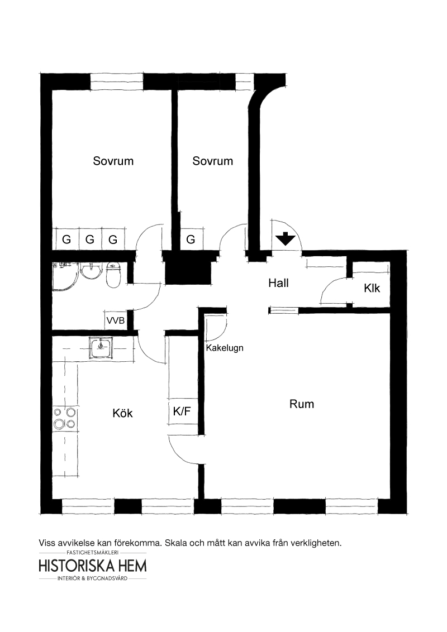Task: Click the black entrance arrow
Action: click(x=286, y=239)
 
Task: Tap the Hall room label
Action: click(x=278, y=283)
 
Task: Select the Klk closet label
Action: click(x=372, y=288)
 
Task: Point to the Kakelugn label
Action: click(x=225, y=348)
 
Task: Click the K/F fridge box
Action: click(x=182, y=411)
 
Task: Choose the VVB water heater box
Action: click(x=116, y=321)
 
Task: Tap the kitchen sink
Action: click(x=101, y=348)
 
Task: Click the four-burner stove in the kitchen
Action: click(x=65, y=418)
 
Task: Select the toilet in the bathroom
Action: click(x=113, y=275)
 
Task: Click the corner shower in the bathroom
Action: click(x=65, y=275)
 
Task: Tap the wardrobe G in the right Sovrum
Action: click(x=191, y=240)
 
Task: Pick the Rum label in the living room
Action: click(x=301, y=404)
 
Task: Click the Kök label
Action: click(x=122, y=413)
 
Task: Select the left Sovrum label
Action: click(x=113, y=161)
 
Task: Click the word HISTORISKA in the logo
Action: click(x=72, y=566)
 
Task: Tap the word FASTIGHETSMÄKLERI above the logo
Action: click(x=93, y=553)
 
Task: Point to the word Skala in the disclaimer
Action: click(x=176, y=543)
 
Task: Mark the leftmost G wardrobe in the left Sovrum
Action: click(x=66, y=240)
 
